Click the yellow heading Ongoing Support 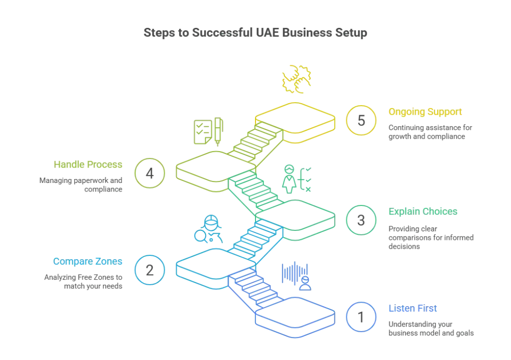(425, 112)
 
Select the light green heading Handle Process (87, 164)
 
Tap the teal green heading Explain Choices (423, 211)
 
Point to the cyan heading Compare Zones (87, 261)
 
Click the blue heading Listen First (413, 309)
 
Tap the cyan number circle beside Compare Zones (149, 270)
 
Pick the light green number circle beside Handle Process (149, 173)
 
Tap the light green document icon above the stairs (207, 132)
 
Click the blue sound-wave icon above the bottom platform (296, 276)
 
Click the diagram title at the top (255, 33)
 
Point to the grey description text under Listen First (431, 329)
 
